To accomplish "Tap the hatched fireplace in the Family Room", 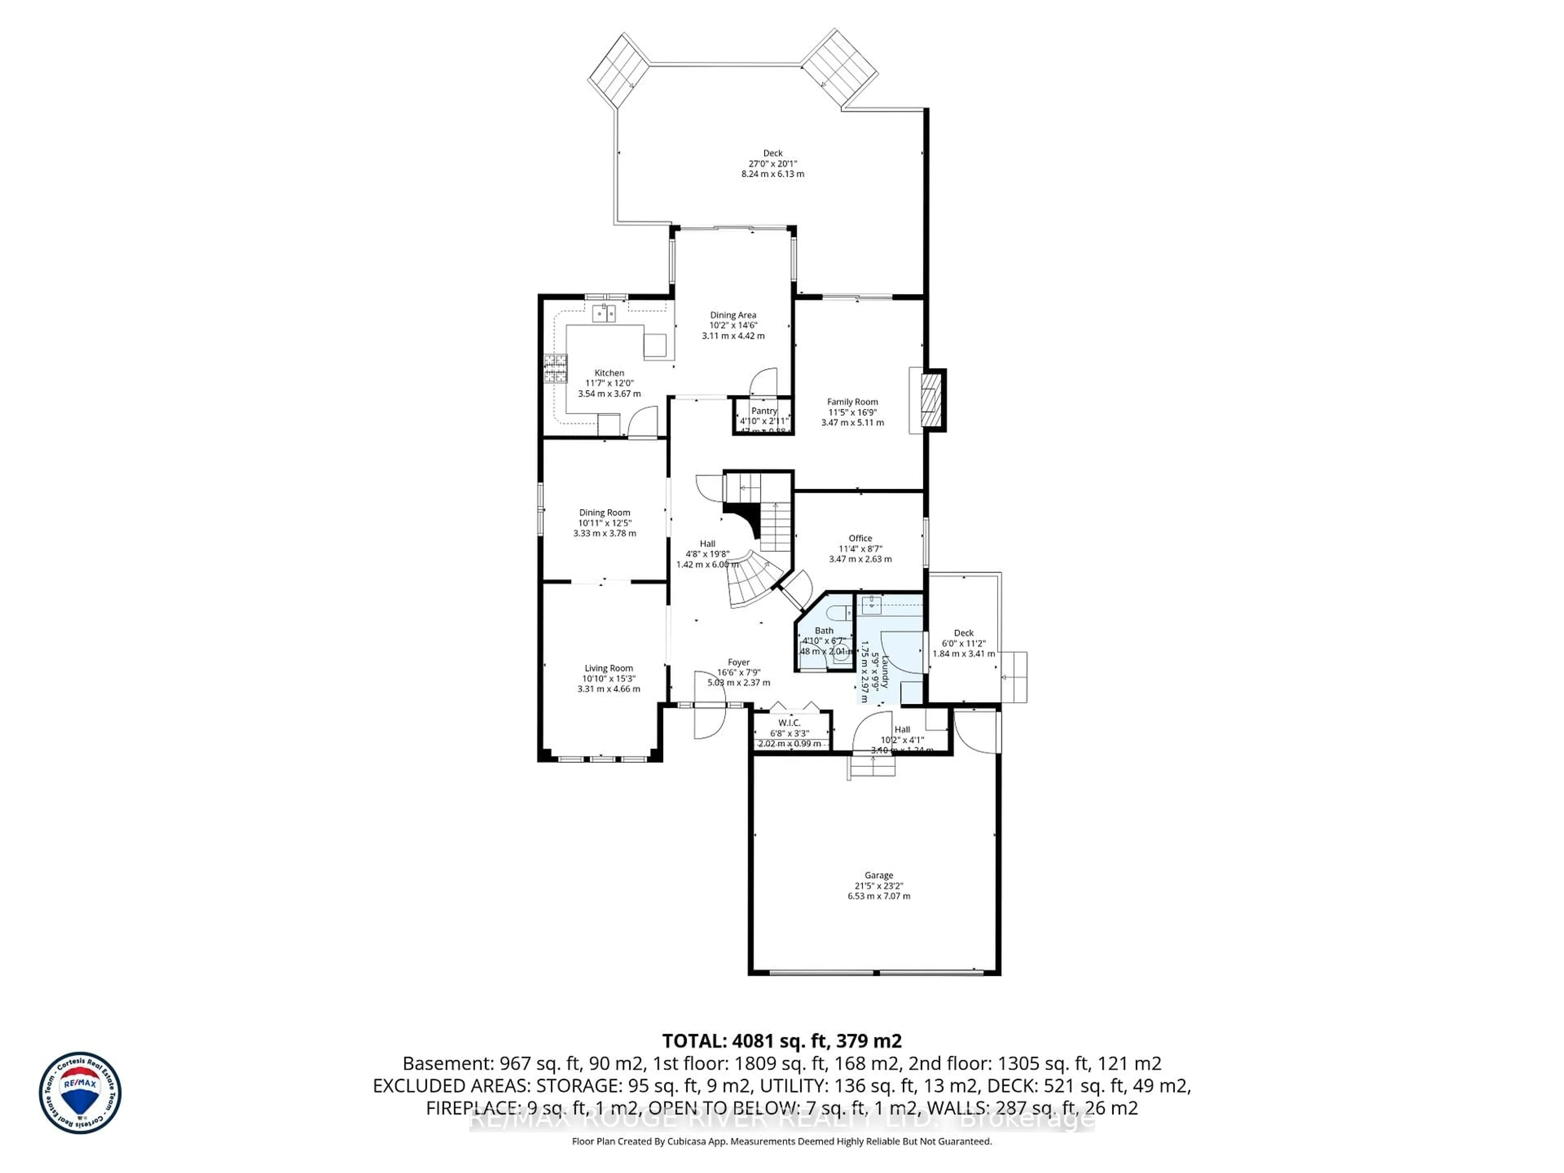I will (x=934, y=400).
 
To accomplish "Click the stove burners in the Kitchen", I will (x=555, y=368).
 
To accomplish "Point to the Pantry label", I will (x=764, y=411).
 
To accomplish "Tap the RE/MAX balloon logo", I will (x=80, y=1092).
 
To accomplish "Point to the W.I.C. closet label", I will (x=789, y=723).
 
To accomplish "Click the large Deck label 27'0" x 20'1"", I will (x=773, y=163).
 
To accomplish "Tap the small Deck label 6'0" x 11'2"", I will (x=964, y=644).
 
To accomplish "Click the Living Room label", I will (x=609, y=668).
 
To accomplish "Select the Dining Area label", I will (x=733, y=315).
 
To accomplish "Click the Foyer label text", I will (x=739, y=663).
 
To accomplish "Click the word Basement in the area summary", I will (x=448, y=1063).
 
